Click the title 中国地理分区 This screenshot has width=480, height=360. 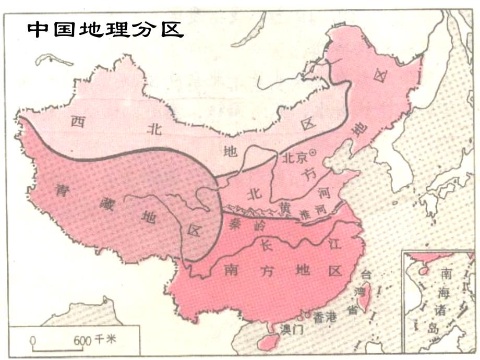pyautogui.click(x=105, y=30)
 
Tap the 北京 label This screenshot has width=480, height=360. pyautogui.click(x=294, y=157)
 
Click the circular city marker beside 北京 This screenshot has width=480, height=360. pyautogui.click(x=313, y=152)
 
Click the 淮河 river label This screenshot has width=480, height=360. pyautogui.click(x=314, y=212)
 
